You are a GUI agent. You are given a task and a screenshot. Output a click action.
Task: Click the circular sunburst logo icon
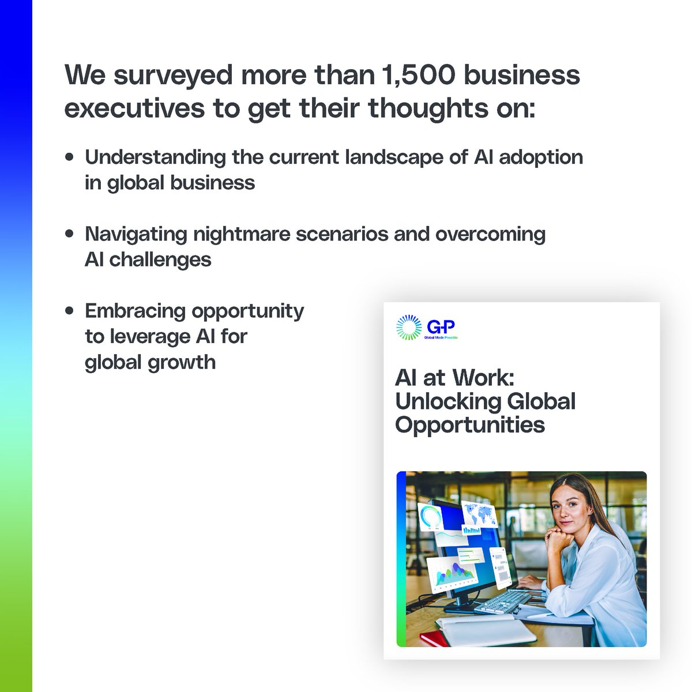(409, 328)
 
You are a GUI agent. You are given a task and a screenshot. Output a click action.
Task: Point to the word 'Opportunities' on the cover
(470, 425)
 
